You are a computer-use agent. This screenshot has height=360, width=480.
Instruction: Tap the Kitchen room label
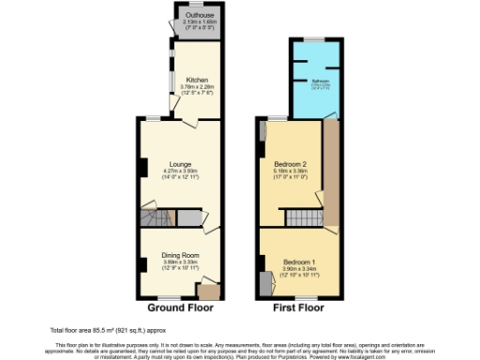pyautogui.click(x=197, y=80)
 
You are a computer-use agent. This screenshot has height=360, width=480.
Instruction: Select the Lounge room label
pyautogui.click(x=180, y=163)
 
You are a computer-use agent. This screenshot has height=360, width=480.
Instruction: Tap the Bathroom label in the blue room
pyautogui.click(x=320, y=82)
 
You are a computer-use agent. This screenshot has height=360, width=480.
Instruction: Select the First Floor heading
pyautogui.click(x=298, y=307)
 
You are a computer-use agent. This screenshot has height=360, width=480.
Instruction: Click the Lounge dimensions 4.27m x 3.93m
pyautogui.click(x=180, y=171)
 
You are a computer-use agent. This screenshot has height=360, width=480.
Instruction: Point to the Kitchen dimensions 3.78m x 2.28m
pyautogui.click(x=197, y=87)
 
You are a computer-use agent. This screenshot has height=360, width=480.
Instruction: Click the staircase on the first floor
pyautogui.click(x=302, y=218)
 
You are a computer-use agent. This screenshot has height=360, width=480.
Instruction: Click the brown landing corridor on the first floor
pyautogui.click(x=330, y=173)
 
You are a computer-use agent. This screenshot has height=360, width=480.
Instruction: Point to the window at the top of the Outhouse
pyautogui.click(x=197, y=4)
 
